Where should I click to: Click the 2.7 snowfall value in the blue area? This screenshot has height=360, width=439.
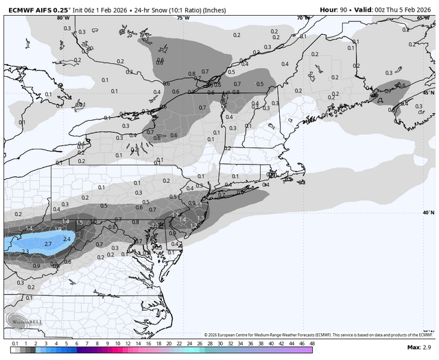coord(48,243)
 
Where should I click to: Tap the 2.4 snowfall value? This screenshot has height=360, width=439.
coord(67,239)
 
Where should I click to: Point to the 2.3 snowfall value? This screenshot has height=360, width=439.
coord(25,252)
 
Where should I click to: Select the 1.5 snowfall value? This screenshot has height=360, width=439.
coord(80,223)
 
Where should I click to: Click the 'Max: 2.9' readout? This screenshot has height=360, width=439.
coord(419,348)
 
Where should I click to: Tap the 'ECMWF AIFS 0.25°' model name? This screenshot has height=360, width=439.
coord(36,10)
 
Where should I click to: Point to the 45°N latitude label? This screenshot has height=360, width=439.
coord(428,93)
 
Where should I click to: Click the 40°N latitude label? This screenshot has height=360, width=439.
coord(428,213)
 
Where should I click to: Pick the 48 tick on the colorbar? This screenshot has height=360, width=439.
coord(312,343)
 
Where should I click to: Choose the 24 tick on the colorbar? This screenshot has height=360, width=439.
coord(189,343)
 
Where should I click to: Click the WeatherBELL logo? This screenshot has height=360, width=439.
coord(23,320)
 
